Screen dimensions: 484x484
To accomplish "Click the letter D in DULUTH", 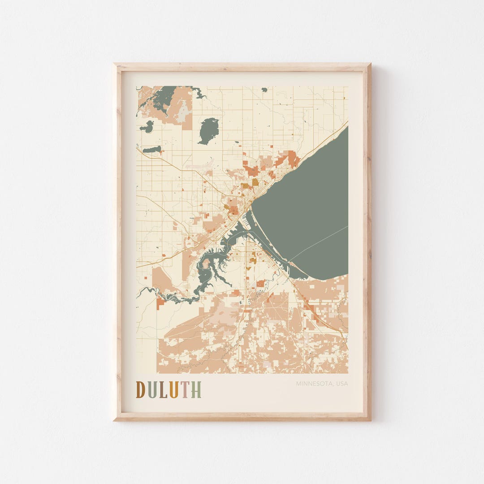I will (x=140, y=390).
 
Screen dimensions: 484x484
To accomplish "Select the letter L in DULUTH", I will (x=163, y=390).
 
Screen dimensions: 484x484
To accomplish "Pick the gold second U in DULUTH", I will (x=174, y=390).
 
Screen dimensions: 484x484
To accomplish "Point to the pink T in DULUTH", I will (x=185, y=390).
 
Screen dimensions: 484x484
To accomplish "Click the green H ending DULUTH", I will (x=196, y=390).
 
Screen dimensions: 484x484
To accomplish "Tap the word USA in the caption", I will (x=341, y=384).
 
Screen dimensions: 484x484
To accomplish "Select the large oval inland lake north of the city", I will (x=208, y=130).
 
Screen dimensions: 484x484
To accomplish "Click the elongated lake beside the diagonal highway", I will (x=152, y=149).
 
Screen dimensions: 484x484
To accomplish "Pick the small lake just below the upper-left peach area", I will (x=147, y=127).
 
